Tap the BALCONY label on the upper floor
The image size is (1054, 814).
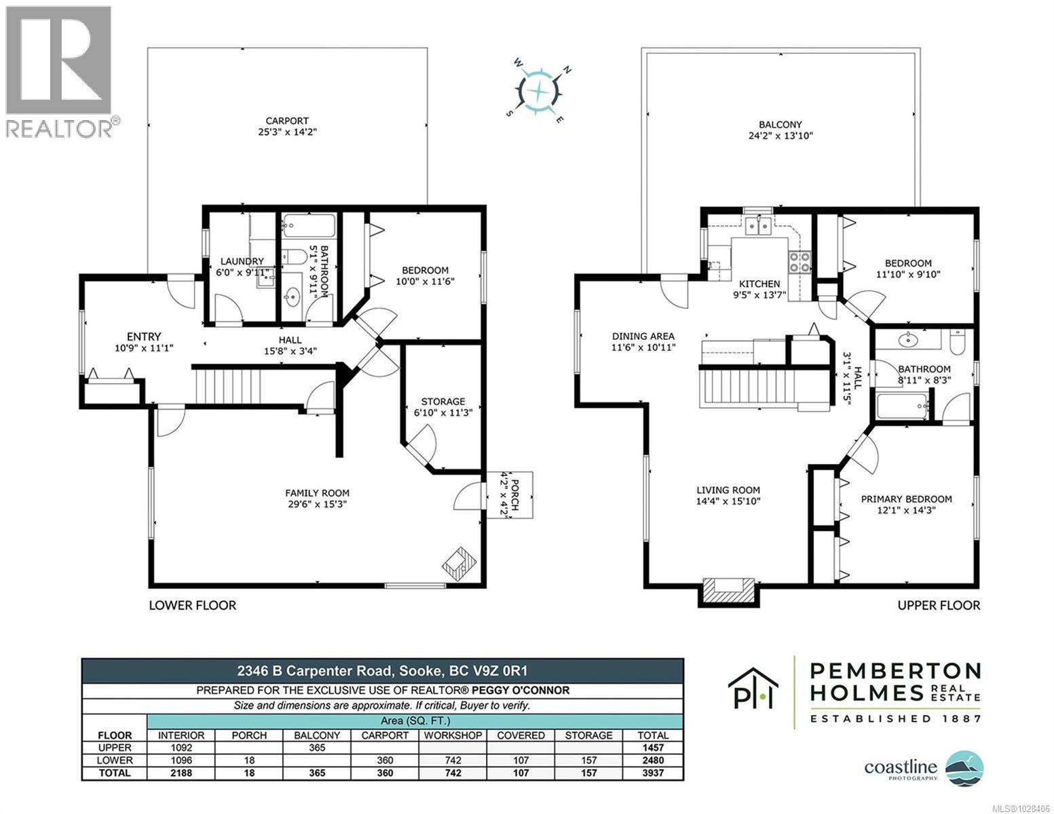780,124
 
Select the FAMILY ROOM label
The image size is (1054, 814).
317,493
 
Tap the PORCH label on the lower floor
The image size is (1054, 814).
514,494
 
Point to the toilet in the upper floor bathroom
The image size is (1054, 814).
957,341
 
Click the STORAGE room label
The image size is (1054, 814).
443,401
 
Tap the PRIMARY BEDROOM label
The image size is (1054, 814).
906,499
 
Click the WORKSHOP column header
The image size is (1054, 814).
453,735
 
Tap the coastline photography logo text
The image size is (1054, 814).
900,767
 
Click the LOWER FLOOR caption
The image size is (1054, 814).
192,604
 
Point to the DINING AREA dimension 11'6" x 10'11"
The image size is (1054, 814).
643,347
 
